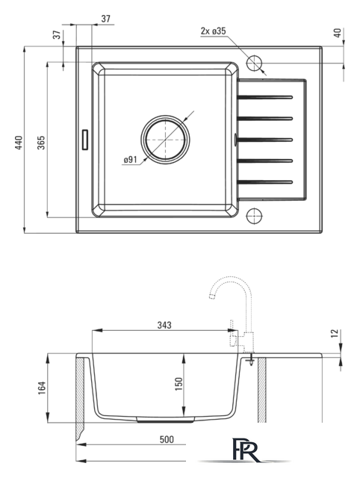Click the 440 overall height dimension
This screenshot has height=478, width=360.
(x=19, y=143)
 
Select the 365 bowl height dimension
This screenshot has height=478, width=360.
(x=41, y=143)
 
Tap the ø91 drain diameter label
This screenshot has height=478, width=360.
(x=131, y=159)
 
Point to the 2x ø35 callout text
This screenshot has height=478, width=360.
(x=213, y=31)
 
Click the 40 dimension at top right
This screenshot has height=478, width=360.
(x=338, y=33)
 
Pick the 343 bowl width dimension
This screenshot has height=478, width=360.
(x=164, y=326)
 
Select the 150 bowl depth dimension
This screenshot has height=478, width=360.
(x=179, y=384)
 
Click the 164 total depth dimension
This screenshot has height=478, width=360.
(x=42, y=388)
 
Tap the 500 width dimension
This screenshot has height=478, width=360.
(x=167, y=439)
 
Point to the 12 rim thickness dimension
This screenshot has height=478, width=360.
(x=335, y=333)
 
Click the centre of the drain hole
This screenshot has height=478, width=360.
(x=165, y=140)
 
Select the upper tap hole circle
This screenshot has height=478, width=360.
(x=254, y=63)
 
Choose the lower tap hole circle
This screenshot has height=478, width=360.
(x=254, y=216)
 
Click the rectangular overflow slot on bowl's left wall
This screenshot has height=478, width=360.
(x=84, y=140)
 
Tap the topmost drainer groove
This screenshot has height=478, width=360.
(x=265, y=98)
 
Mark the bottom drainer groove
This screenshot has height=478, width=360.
(x=265, y=182)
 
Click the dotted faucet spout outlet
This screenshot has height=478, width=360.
(x=212, y=297)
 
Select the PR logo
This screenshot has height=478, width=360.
(x=246, y=450)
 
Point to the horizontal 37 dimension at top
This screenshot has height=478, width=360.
(x=105, y=19)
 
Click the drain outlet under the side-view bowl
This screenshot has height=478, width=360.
(x=166, y=420)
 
